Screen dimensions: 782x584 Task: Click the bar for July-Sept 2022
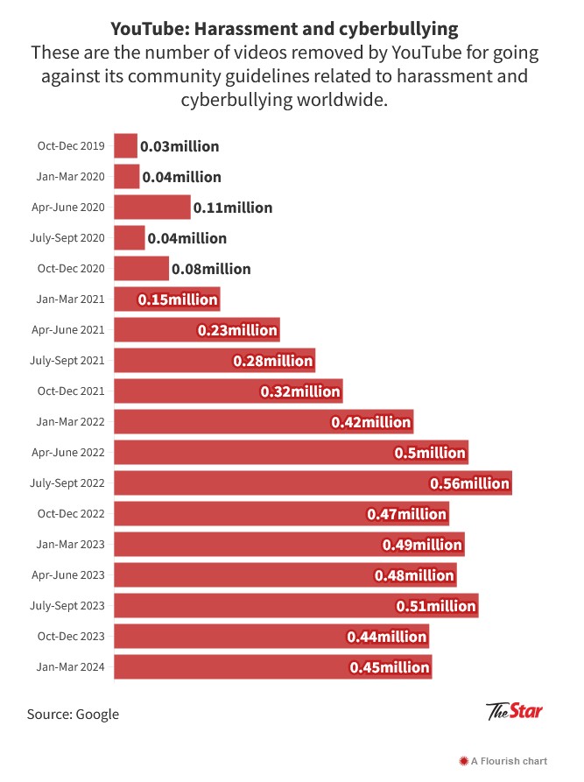(x=313, y=483)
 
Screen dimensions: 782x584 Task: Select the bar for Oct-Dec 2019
(x=126, y=146)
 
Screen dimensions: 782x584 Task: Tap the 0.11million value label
(x=233, y=208)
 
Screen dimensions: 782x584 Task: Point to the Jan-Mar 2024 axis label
(x=71, y=667)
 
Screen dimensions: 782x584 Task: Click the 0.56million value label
(x=469, y=483)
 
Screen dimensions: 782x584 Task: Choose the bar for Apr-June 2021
(x=197, y=330)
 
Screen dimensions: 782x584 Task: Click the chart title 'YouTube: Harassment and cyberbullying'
(x=285, y=29)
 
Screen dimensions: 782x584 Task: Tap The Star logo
(x=514, y=711)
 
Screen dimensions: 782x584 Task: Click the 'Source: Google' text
(x=73, y=714)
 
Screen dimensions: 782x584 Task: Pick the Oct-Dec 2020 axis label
(x=71, y=269)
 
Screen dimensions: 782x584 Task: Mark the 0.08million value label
(x=211, y=269)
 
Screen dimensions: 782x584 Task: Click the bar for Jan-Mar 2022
(x=264, y=422)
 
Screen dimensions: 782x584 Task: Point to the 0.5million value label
(x=429, y=453)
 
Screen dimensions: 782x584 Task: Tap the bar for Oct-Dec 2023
(x=271, y=637)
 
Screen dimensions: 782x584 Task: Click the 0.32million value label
(x=300, y=391)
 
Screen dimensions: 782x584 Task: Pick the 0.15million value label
(x=178, y=299)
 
